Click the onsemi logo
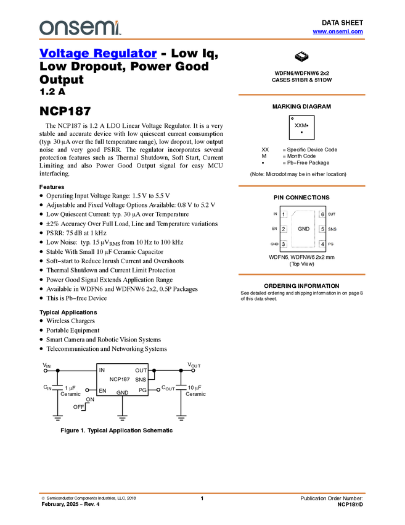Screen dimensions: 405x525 pyautogui.click(x=80, y=28)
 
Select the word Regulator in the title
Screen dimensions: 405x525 pyautogui.click(x=126, y=54)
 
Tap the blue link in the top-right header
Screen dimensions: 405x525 pyautogui.click(x=338, y=31)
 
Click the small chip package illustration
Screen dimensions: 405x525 pyautogui.click(x=301, y=56)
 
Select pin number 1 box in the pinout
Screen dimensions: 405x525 pyautogui.click(x=284, y=214)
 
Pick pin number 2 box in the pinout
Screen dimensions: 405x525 pyautogui.click(x=284, y=229)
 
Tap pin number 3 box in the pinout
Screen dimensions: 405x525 pyautogui.click(x=284, y=244)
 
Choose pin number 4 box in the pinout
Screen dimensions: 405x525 pyautogui.click(x=322, y=244)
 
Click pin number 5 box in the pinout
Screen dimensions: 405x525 pyautogui.click(x=322, y=229)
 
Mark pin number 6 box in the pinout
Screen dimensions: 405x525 pyautogui.click(x=322, y=214)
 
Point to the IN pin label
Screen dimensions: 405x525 pyautogui.click(x=275, y=214)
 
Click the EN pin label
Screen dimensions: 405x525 pyautogui.click(x=274, y=229)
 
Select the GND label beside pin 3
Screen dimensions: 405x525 pyautogui.click(x=274, y=245)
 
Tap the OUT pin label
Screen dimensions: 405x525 pyautogui.click(x=332, y=214)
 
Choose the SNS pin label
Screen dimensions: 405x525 pyautogui.click(x=332, y=229)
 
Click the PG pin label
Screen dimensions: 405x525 pyautogui.click(x=331, y=245)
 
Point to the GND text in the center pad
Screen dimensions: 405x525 pyautogui.click(x=304, y=229)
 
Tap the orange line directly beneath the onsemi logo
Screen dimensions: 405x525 pyautogui.click(x=202, y=40)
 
